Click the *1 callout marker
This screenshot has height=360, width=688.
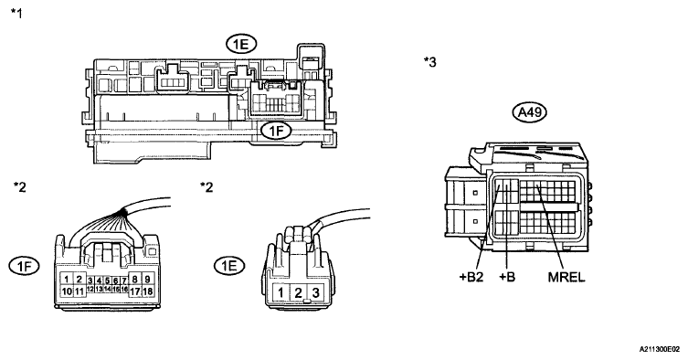(16, 13)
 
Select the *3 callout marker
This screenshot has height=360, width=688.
(430, 62)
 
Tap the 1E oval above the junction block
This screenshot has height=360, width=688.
(241, 44)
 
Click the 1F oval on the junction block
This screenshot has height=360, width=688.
(276, 131)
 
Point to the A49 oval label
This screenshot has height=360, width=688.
(530, 112)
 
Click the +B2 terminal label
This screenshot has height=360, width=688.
(471, 277)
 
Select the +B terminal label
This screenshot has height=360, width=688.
(507, 277)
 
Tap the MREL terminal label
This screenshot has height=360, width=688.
(566, 277)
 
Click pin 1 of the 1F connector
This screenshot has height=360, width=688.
(67, 279)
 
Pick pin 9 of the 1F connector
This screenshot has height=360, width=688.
(147, 279)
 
